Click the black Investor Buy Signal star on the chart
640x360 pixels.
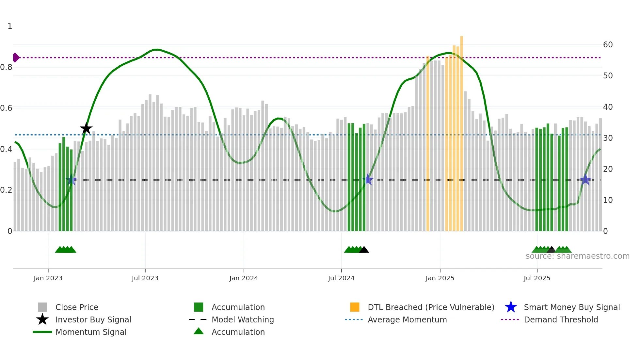coord(86,128)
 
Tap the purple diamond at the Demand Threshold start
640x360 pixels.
coord(16,57)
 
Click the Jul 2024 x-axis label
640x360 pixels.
coord(341,278)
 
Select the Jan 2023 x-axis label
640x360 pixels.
coord(48,278)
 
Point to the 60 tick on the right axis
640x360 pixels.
coord(608,45)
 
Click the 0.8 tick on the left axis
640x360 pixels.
coord(7,67)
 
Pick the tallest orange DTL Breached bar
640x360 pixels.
coord(461,131)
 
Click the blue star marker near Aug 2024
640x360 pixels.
coord(368,179)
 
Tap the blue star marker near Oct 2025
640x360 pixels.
coord(585,179)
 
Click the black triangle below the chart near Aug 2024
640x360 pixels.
coord(364,250)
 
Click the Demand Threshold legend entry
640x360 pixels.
coord(561,319)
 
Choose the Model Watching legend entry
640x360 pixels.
coord(242,319)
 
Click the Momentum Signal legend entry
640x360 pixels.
coord(90,332)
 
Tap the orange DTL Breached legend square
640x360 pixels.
coord(355,307)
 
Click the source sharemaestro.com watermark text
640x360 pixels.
coord(577,256)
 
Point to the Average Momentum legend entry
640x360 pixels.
coord(407,319)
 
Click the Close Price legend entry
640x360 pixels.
coord(76,307)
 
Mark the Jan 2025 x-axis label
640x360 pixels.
coord(440,278)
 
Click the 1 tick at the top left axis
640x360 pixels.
coord(10,26)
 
